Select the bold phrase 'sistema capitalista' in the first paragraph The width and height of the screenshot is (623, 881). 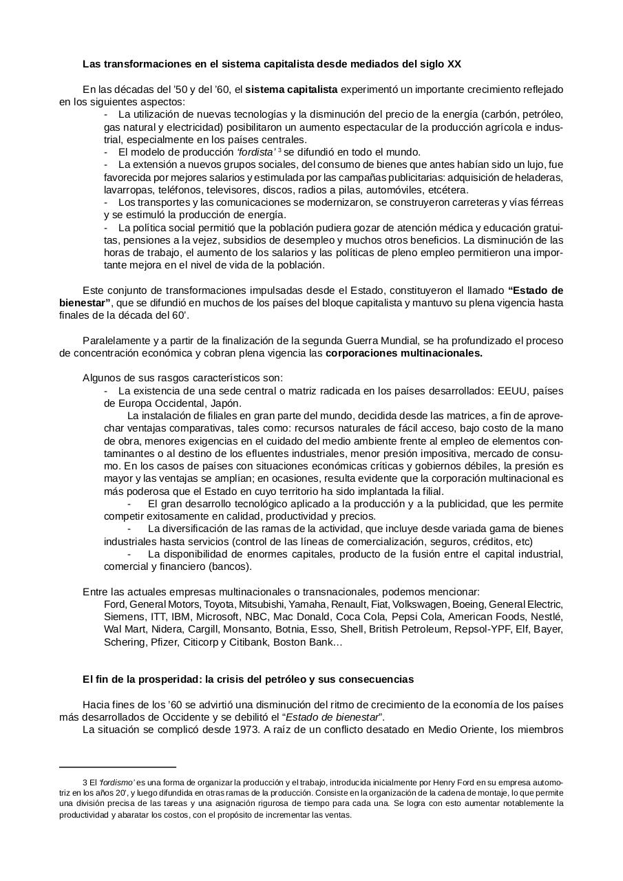[291, 89]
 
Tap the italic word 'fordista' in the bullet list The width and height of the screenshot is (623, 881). [255, 152]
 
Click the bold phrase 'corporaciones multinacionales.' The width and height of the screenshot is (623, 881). [404, 354]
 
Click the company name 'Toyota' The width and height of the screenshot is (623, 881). [220, 604]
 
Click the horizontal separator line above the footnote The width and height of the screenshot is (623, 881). [118, 766]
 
